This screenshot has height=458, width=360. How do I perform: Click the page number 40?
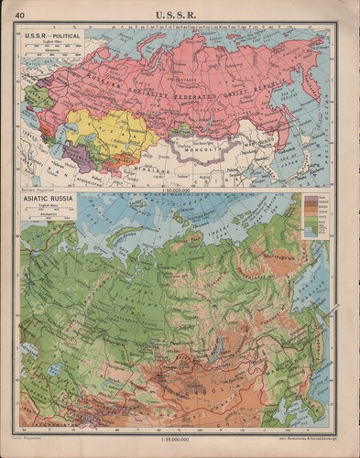[x=20, y=11]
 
